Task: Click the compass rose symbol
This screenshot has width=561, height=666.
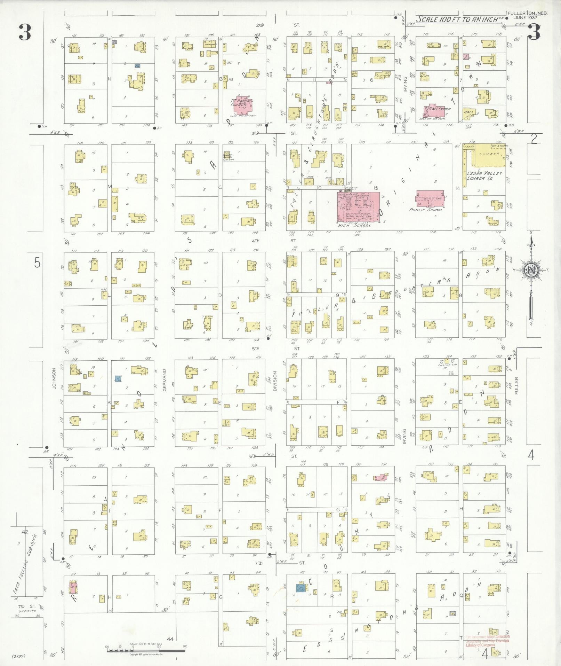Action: pyautogui.click(x=531, y=270)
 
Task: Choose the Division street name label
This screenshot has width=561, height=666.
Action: pyautogui.click(x=275, y=381)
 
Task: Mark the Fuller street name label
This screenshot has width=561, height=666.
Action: pyautogui.click(x=516, y=386)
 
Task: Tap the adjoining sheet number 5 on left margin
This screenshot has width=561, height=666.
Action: pyautogui.click(x=37, y=264)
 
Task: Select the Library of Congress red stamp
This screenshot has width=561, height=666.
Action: pyautogui.click(x=487, y=641)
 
